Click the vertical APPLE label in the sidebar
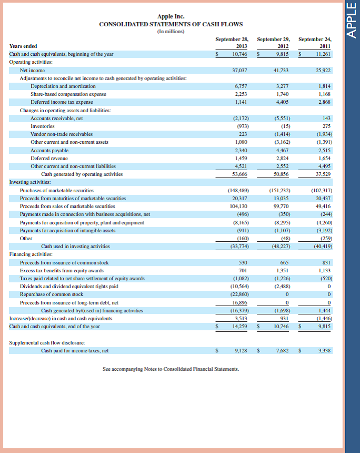tap(351, 22)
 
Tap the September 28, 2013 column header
tap(232, 42)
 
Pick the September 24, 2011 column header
tap(315, 42)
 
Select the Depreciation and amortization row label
tap(63, 86)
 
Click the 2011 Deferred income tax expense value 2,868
tap(324, 102)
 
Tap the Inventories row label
tap(43, 126)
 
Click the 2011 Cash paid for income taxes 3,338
tap(324, 350)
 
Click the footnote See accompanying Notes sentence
tap(171, 369)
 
